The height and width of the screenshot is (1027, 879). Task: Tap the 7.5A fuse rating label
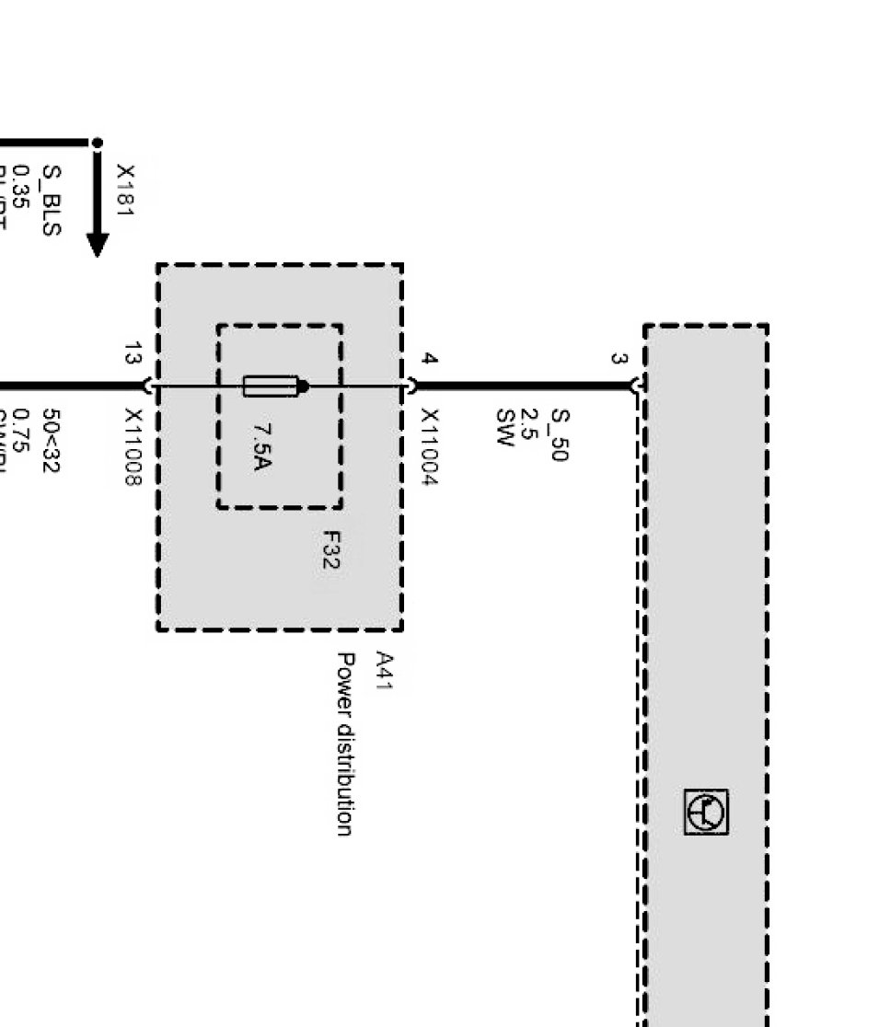(x=261, y=446)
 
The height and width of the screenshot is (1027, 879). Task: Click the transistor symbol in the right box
(x=706, y=812)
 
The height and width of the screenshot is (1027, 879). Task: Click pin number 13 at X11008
(x=133, y=352)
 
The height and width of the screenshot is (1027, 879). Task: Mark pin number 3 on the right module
(x=619, y=359)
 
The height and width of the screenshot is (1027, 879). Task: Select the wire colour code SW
(x=503, y=427)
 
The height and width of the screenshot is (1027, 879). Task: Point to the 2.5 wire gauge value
(x=529, y=427)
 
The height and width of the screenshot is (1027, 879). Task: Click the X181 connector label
(x=125, y=191)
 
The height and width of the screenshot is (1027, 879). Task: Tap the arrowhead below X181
(x=98, y=244)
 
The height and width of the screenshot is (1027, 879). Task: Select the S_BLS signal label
(x=52, y=200)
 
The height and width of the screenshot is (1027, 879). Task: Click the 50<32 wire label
(x=51, y=441)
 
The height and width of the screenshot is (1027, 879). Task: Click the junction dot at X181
(x=97, y=143)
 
